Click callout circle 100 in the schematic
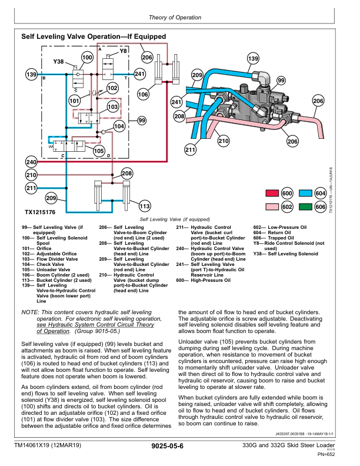pyautogui.click(x=87, y=58)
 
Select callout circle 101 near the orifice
pyautogui.click(x=74, y=101)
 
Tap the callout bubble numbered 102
pyautogui.click(x=112, y=88)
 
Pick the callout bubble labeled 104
pyautogui.click(x=119, y=126)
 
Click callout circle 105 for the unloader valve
pyautogui.click(x=99, y=151)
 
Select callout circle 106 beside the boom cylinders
pyautogui.click(x=143, y=94)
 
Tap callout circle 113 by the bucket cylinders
pyautogui.click(x=144, y=206)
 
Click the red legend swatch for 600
pyautogui.click(x=272, y=194)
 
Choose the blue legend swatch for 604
pyautogui.click(x=305, y=194)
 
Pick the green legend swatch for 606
pyautogui.click(x=305, y=207)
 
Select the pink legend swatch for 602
pyautogui.click(x=272, y=207)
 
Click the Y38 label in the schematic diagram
pyautogui.click(x=59, y=62)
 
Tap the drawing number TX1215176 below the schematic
pyautogui.click(x=39, y=212)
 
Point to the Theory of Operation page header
pyautogui.click(x=179, y=17)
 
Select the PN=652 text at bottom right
pyautogui.click(x=326, y=454)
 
